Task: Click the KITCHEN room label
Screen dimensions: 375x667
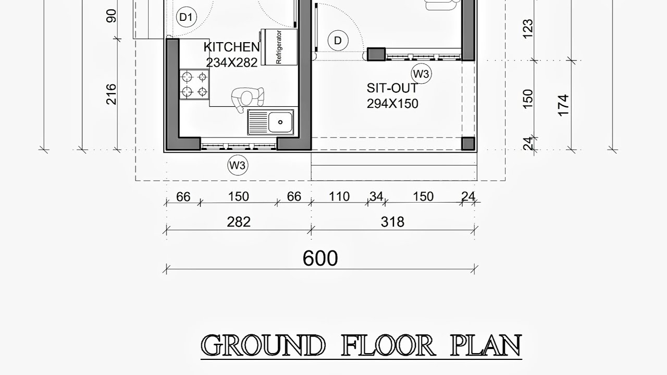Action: pos(231,47)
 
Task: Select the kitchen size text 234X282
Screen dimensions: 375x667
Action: pos(231,63)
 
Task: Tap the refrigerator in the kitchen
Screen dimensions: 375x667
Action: pos(280,47)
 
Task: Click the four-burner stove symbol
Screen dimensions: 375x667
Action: pos(194,85)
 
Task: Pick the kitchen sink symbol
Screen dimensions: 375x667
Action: pos(271,122)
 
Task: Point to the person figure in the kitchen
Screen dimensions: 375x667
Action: pos(246,98)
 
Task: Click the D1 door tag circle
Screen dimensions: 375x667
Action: pos(186,18)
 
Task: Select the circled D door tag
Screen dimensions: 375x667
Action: pos(338,41)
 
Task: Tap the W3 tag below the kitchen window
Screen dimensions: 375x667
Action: pos(238,166)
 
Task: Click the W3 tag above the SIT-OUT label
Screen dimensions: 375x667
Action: pos(421,74)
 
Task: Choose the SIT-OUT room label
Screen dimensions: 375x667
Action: pos(392,88)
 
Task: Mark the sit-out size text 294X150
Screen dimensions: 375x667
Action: pos(392,104)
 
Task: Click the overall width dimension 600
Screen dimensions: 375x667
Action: pos(320,258)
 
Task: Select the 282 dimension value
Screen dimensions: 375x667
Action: pos(239,222)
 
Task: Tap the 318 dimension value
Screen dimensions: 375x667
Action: pos(392,222)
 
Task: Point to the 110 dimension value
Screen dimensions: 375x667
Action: pos(339,197)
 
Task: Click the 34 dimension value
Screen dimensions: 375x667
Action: pos(376,197)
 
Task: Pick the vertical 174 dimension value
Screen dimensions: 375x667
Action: pos(563,105)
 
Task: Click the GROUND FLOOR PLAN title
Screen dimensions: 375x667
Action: pos(361,346)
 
